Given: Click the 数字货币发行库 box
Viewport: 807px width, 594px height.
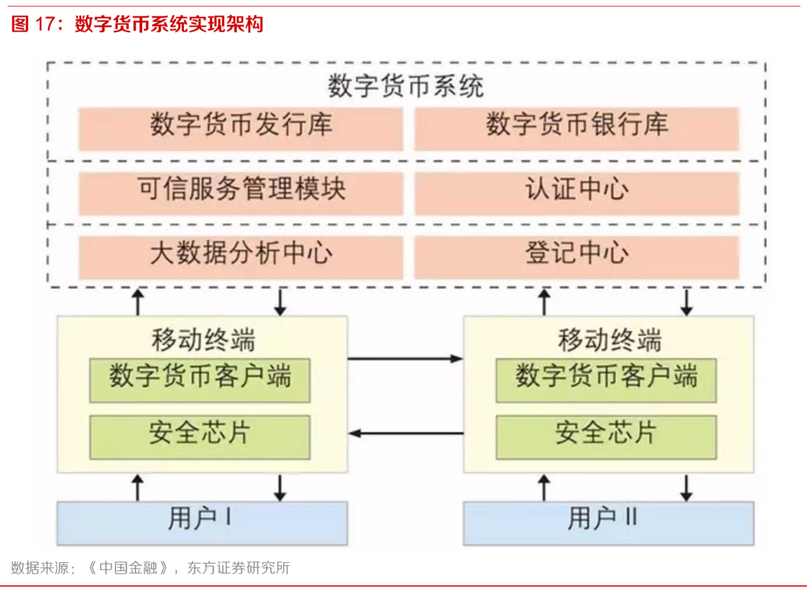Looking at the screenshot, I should point(241,128).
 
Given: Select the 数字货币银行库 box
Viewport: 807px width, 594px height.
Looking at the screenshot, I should point(576,128).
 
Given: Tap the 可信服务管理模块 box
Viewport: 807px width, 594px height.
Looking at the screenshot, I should point(241,193).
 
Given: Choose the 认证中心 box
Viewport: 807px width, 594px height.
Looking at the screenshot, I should point(576,193).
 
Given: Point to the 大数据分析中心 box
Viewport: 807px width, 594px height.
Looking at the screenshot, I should point(241,256).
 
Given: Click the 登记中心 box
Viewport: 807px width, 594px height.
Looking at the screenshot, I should point(576,256).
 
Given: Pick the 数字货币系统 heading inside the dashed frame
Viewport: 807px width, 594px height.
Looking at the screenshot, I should point(405,86).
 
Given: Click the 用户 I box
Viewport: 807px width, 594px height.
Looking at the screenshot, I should point(202,523).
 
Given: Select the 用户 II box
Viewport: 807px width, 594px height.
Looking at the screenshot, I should point(608,523).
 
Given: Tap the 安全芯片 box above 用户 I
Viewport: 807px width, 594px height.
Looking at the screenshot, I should point(199,436).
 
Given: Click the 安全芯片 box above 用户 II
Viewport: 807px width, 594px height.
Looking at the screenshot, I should point(606,436).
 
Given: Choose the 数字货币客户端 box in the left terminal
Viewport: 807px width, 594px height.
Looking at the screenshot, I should point(199,380).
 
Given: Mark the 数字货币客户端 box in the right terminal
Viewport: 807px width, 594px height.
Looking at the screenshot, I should point(606,380).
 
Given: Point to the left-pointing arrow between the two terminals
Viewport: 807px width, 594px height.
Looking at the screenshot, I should point(406,433).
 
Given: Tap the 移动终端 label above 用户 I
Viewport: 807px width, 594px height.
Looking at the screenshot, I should point(203,340).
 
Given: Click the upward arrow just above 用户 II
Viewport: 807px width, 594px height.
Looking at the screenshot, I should point(544,487).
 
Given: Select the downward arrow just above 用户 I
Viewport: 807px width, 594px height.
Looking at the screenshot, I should point(280,488).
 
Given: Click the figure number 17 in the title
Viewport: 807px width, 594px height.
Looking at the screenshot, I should point(47,24).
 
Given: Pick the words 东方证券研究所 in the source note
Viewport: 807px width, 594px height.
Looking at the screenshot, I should point(238,568).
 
